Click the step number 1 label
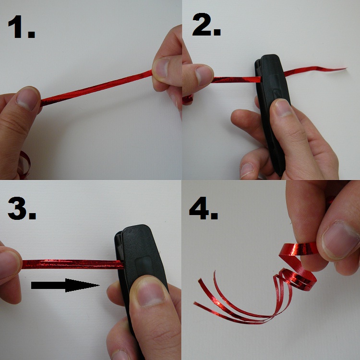pos(21,26)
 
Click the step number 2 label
pos(206,24)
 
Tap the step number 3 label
pos(22,208)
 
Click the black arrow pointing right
pos(65,285)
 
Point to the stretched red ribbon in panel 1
pos(96,88)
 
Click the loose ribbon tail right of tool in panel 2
pos(314,71)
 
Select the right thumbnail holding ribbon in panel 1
pos(162,68)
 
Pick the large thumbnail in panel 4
pos(339,240)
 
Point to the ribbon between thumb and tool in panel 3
pos(72,264)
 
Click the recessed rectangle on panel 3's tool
pos(144,266)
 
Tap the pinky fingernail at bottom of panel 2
pos(247,170)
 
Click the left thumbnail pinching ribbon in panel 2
pos(204,76)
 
